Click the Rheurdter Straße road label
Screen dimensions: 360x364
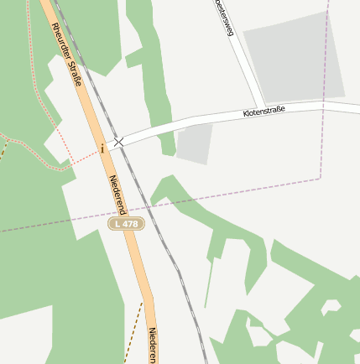pyautogui.click(x=67, y=54)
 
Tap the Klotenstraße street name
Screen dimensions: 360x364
pyautogui.click(x=263, y=111)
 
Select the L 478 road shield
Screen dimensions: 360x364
pyautogui.click(x=127, y=224)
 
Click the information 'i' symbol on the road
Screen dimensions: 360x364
pyautogui.click(x=102, y=148)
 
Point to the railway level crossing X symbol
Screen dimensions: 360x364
pyautogui.click(x=119, y=143)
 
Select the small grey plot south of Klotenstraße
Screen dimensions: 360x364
pyautogui.click(x=194, y=144)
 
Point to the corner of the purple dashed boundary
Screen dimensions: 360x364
pyautogui.click(x=321, y=178)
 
